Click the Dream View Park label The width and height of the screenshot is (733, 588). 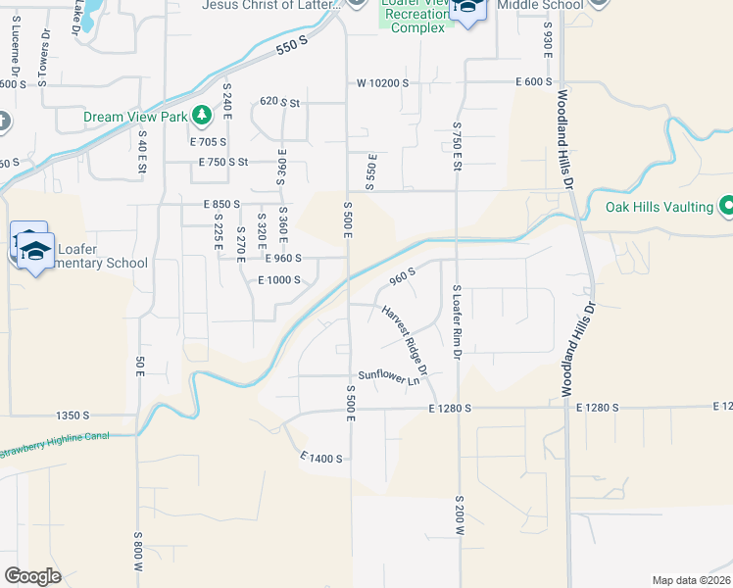click(134, 117)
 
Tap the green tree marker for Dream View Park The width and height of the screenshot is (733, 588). click(202, 116)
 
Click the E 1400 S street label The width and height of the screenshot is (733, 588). click(320, 458)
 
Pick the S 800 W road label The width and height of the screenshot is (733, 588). click(139, 553)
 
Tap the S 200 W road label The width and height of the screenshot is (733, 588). click(458, 514)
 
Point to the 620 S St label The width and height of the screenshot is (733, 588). click(278, 101)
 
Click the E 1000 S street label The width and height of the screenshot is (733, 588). click(278, 280)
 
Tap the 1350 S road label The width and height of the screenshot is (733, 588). click(73, 415)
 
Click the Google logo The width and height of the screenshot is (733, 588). click(32, 575)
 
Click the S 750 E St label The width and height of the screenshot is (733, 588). click(457, 146)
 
